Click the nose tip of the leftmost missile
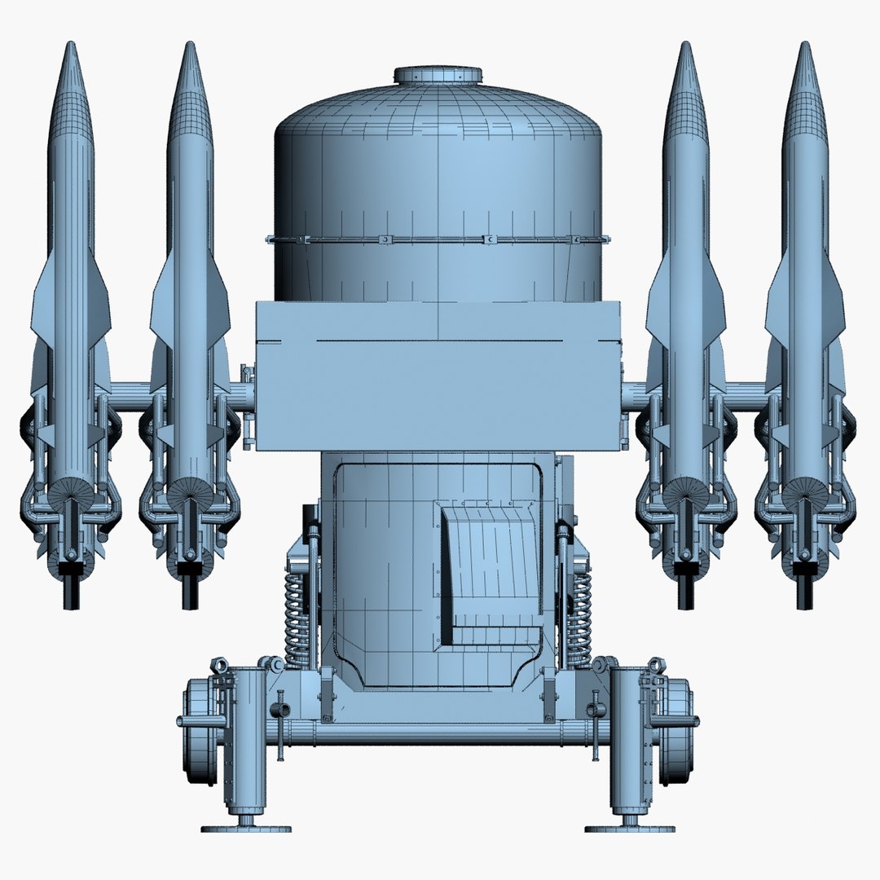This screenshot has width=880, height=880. click(x=71, y=45)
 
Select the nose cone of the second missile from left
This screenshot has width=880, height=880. click(x=190, y=90)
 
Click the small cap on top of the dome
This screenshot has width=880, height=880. click(x=440, y=75)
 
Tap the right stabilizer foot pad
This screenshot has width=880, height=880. click(x=629, y=828)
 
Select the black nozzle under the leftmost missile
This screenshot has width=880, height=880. click(x=71, y=592)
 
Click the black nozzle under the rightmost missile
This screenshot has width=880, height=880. click(x=805, y=592)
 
